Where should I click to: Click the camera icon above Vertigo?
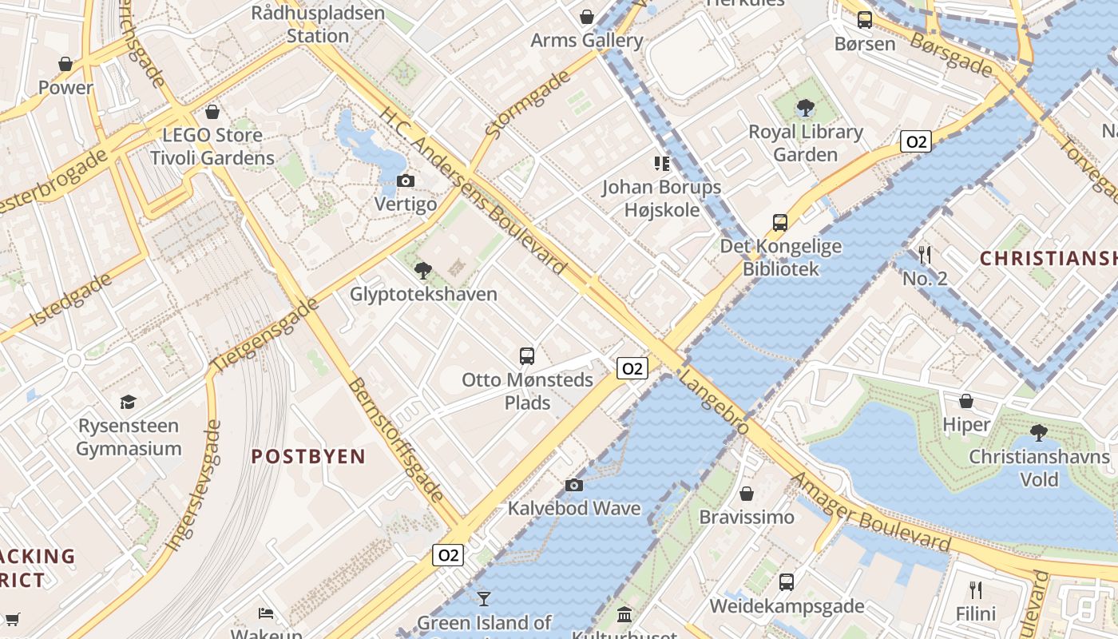point(406,181)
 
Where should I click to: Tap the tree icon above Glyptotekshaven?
point(423,270)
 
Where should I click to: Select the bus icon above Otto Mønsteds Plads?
point(527,356)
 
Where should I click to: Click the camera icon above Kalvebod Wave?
point(573,485)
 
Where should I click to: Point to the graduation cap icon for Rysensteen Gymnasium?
point(128,401)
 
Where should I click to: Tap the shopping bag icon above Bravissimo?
point(747,494)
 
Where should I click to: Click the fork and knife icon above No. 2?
point(925,255)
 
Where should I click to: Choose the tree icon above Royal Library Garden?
point(806,108)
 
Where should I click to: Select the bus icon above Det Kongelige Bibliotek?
point(780,223)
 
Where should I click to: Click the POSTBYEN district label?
point(308,457)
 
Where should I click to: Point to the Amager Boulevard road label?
point(870,512)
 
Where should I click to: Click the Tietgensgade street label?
point(265,334)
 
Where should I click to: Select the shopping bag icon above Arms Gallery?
point(587,17)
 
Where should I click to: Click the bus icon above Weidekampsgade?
point(787,582)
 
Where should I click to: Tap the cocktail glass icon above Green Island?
point(483,598)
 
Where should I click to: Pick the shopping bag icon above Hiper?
point(966,401)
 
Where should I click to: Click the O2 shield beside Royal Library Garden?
point(915,142)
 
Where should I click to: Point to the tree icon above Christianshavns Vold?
point(1038,433)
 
